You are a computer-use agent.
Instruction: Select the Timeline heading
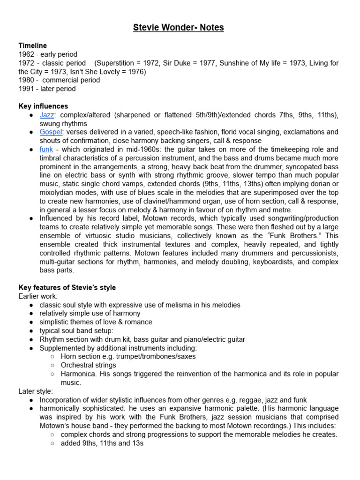click(x=32, y=45)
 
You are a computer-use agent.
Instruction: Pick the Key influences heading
click(x=43, y=106)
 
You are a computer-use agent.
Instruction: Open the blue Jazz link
click(x=47, y=115)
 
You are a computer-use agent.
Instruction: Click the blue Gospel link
click(x=51, y=132)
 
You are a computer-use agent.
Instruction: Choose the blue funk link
click(x=46, y=149)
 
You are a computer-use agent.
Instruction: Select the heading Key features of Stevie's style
click(x=67, y=287)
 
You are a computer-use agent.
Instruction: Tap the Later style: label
click(x=36, y=391)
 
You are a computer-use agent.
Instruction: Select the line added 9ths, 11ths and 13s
click(x=102, y=443)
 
